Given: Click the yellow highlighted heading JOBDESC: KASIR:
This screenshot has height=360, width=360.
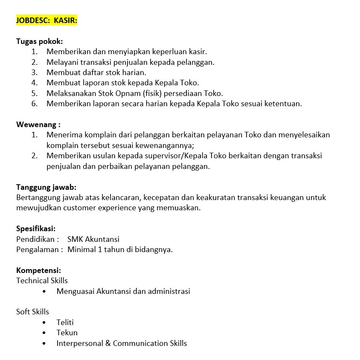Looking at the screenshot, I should point(46,20).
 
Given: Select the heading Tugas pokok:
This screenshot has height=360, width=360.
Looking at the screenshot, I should point(39,41).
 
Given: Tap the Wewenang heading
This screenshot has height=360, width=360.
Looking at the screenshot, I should point(38,125).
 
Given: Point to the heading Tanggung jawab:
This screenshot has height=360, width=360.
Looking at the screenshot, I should point(46,187).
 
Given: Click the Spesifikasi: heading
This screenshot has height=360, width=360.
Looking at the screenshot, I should point(36,229).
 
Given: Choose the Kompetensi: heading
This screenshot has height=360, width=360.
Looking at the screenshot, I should point(38,270).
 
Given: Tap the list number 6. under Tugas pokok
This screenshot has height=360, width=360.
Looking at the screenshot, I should point(35,104).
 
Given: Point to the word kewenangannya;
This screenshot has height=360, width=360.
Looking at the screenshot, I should point(167,145).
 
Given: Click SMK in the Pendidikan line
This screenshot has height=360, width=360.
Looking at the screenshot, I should point(75,239).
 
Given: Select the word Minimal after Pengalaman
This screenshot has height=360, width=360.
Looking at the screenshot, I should point(81,250).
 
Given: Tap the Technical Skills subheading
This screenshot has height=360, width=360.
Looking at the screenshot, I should point(42,281).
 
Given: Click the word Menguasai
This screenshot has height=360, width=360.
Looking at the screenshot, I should point(75,291).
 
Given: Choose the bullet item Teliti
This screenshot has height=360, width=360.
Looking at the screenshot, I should point(65,322).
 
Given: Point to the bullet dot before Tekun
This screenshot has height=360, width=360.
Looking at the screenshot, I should point(44,333).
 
